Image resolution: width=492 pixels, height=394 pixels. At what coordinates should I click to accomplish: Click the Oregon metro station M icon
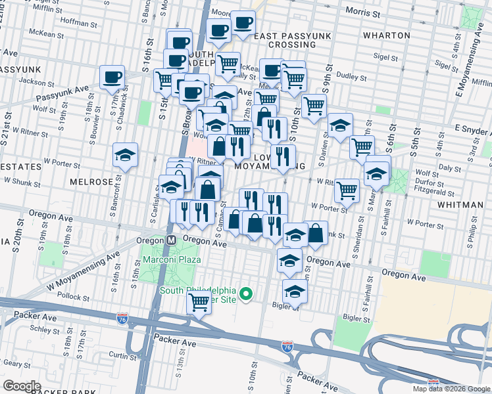click(x=170, y=241)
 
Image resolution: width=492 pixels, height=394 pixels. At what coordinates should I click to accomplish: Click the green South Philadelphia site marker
click(x=247, y=294)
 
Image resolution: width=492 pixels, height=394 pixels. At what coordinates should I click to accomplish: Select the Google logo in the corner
click(x=22, y=386)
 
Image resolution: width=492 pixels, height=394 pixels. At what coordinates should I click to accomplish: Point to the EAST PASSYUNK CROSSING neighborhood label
click(x=285, y=40)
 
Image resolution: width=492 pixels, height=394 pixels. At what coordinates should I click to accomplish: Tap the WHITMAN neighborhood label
click(x=459, y=205)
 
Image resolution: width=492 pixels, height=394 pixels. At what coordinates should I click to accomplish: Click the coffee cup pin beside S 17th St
click(x=112, y=77)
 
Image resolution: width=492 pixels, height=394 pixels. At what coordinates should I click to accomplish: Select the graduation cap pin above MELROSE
click(x=125, y=156)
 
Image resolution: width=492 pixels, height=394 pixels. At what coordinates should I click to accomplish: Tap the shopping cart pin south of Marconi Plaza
click(x=198, y=303)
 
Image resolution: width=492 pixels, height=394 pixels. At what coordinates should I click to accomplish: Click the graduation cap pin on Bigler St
click(x=295, y=290)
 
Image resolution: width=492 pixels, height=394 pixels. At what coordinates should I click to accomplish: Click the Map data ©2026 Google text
click(x=451, y=389)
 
